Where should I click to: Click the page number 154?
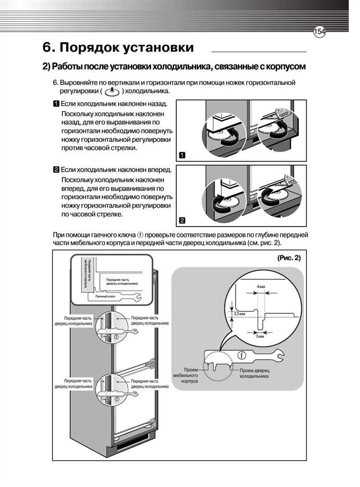point(319,32)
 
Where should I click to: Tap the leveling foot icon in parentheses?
point(111,91)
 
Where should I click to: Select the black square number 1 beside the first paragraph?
point(56,104)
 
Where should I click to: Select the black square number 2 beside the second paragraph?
point(56,170)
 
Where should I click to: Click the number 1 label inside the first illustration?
point(182,155)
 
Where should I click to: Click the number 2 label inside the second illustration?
point(182,221)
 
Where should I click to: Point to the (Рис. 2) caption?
point(288,258)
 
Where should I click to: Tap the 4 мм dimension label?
point(261,286)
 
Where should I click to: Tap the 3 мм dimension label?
point(260,336)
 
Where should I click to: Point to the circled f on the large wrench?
point(243,356)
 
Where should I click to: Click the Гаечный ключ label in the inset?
point(105,297)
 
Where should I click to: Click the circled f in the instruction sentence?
point(140,235)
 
